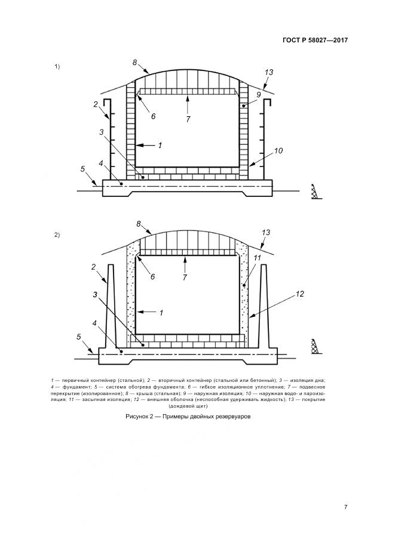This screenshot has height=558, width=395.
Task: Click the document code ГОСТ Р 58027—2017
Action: [314, 41]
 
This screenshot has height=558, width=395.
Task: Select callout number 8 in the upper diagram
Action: [135, 63]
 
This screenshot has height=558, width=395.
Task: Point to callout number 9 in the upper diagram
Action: [258, 94]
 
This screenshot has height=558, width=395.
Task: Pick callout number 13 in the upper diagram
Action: [269, 72]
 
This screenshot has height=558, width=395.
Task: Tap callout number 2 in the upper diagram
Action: [96, 104]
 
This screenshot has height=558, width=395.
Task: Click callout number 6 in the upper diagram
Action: [153, 116]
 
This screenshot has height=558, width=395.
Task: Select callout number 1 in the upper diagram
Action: [160, 145]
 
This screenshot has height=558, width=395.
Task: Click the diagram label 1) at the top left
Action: [57, 66]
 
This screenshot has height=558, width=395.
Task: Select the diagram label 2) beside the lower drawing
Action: [57, 235]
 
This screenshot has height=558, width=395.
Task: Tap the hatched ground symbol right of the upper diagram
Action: [314, 192]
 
